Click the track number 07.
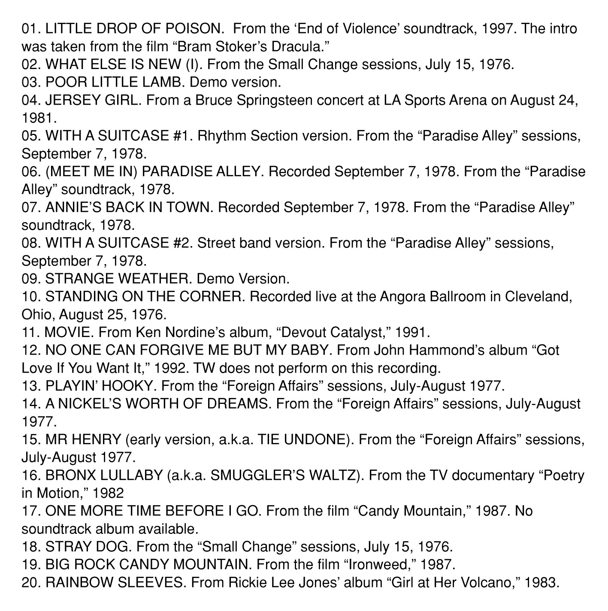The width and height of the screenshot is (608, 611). point(31,207)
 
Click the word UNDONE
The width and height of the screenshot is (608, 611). point(320,439)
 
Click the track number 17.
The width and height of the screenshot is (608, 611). point(31,511)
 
